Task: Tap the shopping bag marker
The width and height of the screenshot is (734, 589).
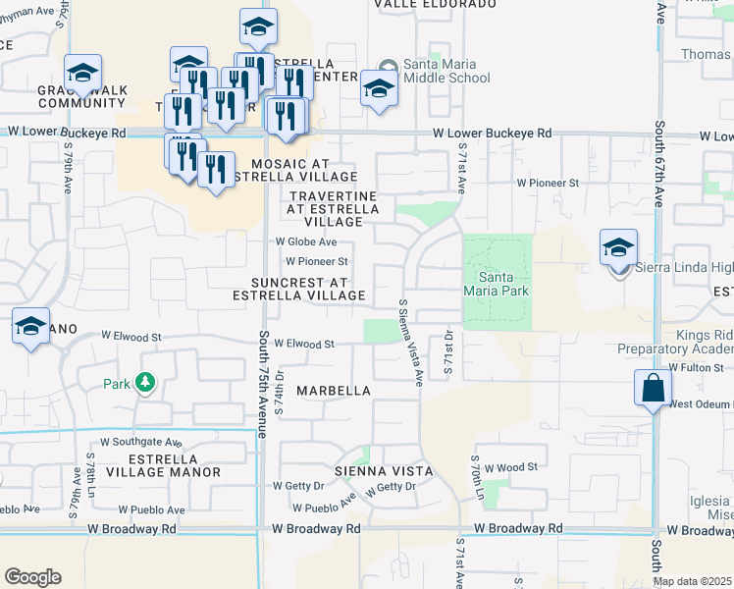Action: coord(653,389)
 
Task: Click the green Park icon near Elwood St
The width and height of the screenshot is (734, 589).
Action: coord(145,381)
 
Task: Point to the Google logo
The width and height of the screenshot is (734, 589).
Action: coord(32,577)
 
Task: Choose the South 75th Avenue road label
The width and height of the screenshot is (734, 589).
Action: coord(263,383)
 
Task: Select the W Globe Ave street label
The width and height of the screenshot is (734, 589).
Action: coord(306,241)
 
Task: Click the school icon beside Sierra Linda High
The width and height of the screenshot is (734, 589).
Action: coord(618,248)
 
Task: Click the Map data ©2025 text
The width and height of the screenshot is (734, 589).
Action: coord(692,581)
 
